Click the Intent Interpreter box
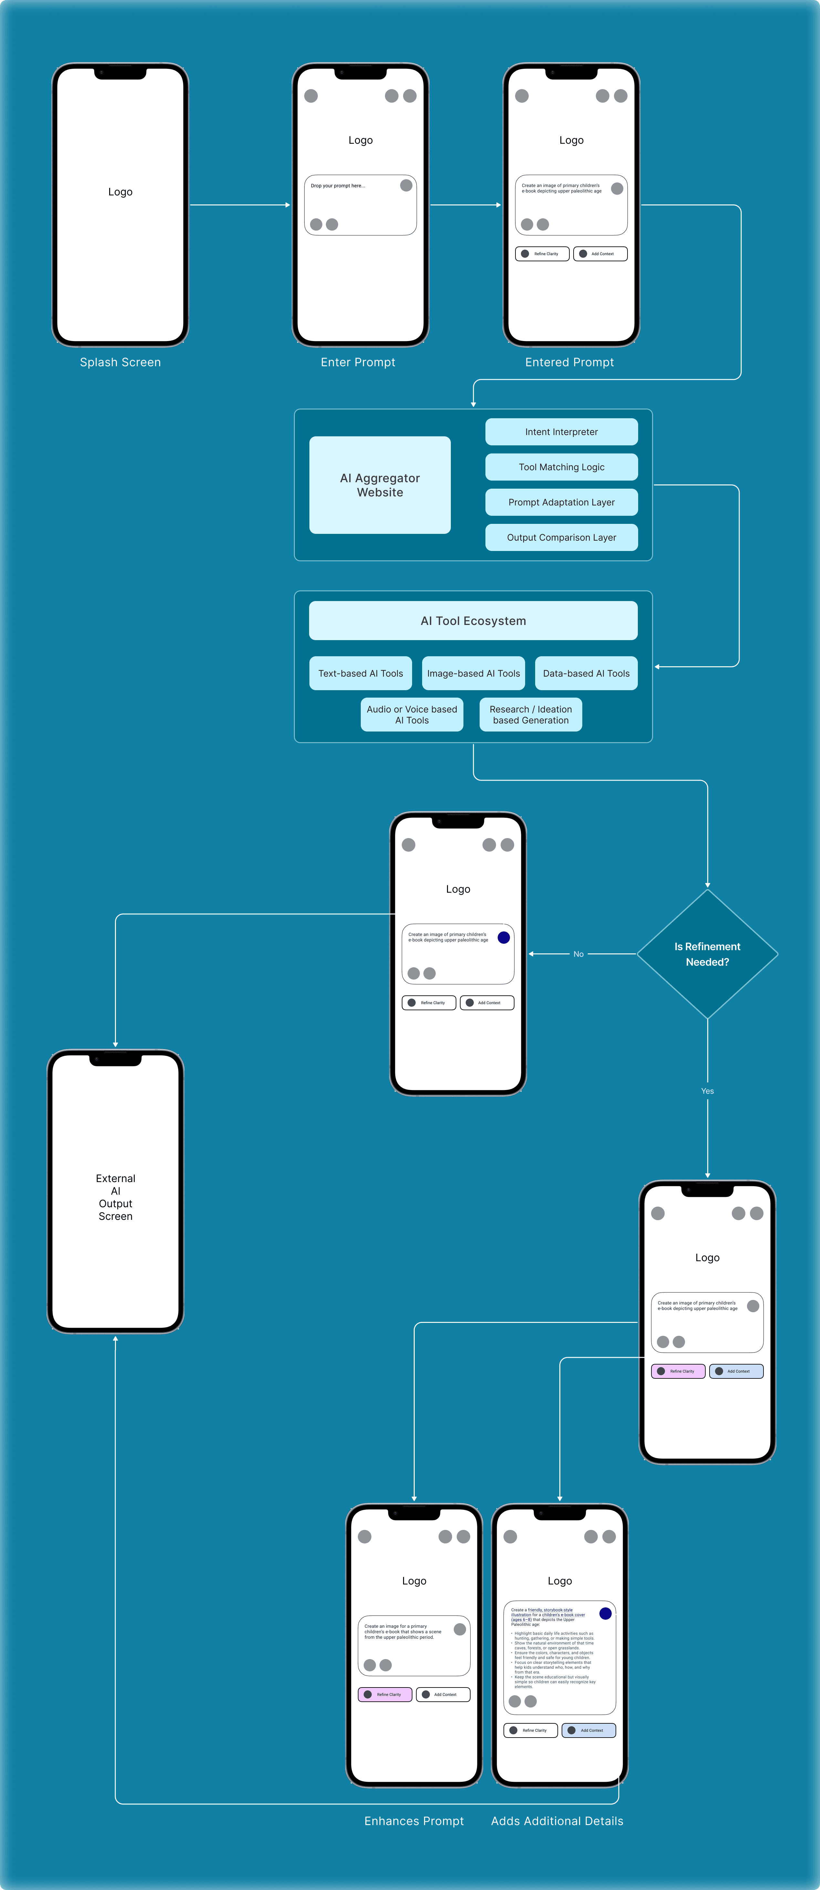[561, 431]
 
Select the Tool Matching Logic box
[561, 467]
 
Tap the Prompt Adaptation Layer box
[561, 502]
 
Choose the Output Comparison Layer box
[561, 537]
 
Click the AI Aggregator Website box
[380, 485]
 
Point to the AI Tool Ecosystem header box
[473, 621]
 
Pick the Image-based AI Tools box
[473, 673]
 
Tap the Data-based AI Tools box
[586, 673]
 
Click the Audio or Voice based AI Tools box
[411, 715]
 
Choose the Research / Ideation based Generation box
[530, 715]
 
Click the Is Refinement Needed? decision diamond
[707, 954]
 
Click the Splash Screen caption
[120, 362]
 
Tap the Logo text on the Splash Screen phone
[120, 192]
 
